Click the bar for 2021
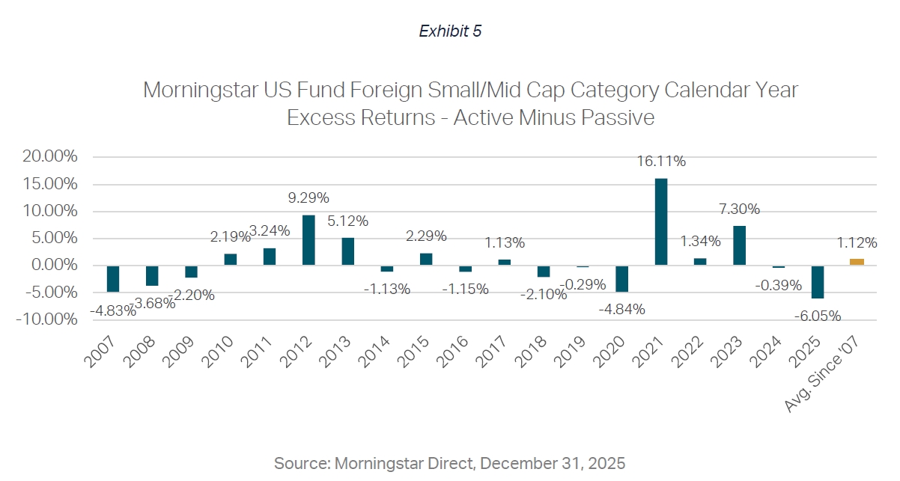click(661, 221)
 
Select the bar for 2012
click(308, 240)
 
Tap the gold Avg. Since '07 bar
click(857, 262)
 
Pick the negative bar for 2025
click(818, 282)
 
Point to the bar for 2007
click(113, 278)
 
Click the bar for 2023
click(739, 245)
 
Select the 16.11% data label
click(661, 161)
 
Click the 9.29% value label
click(308, 198)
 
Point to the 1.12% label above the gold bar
click(857, 242)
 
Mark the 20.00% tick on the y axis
click(50, 157)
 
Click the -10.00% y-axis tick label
click(48, 319)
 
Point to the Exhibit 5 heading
click(450, 31)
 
